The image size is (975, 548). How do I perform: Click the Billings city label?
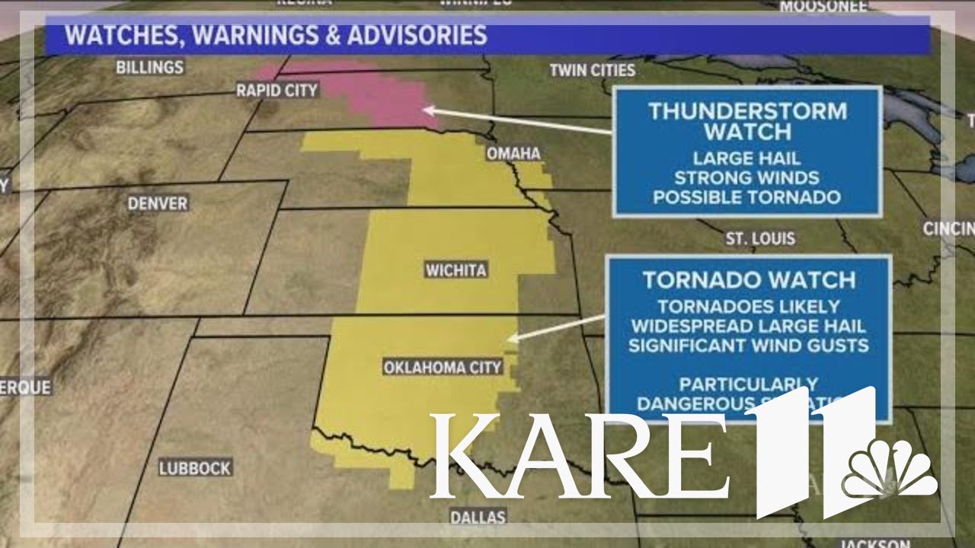pyautogui.click(x=150, y=67)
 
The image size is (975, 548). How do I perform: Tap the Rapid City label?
pyautogui.click(x=277, y=91)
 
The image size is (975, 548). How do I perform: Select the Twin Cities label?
pyautogui.click(x=593, y=70)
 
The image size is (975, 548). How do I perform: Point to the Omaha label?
pyautogui.click(x=513, y=154)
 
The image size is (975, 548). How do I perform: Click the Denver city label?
pyautogui.click(x=158, y=203)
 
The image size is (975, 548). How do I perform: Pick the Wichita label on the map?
pyautogui.click(x=456, y=270)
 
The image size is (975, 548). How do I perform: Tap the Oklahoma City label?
pyautogui.click(x=443, y=368)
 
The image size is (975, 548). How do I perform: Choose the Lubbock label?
pyautogui.click(x=195, y=468)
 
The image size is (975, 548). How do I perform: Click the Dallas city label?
pyautogui.click(x=478, y=517)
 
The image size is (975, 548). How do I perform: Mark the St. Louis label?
pyautogui.click(x=760, y=239)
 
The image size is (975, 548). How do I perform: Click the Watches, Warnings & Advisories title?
pyautogui.click(x=275, y=35)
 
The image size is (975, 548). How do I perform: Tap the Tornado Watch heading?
pyautogui.click(x=749, y=279)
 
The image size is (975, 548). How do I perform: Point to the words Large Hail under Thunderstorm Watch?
pyautogui.click(x=746, y=159)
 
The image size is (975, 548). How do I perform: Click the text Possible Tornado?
pyautogui.click(x=746, y=197)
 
